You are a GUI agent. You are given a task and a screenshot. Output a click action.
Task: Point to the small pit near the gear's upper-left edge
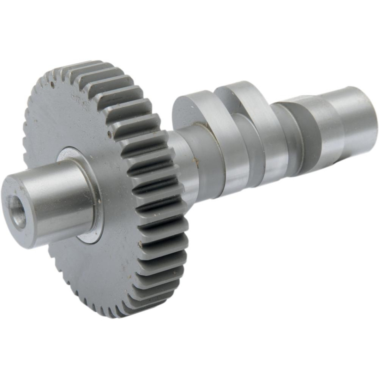tap(51, 84)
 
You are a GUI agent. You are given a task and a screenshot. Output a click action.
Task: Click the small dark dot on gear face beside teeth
tap(109, 133)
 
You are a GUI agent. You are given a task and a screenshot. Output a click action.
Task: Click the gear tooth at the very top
tap(95, 65)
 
